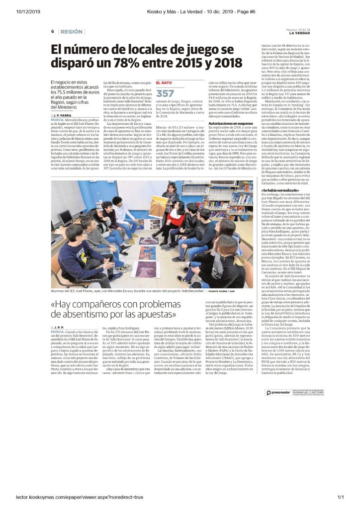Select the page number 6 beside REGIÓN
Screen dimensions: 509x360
click(52, 32)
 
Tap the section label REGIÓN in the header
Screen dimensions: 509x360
click(69, 32)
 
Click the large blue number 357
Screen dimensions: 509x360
click(165, 93)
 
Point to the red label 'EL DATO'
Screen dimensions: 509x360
click(164, 83)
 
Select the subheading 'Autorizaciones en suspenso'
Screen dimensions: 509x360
click(231, 136)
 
